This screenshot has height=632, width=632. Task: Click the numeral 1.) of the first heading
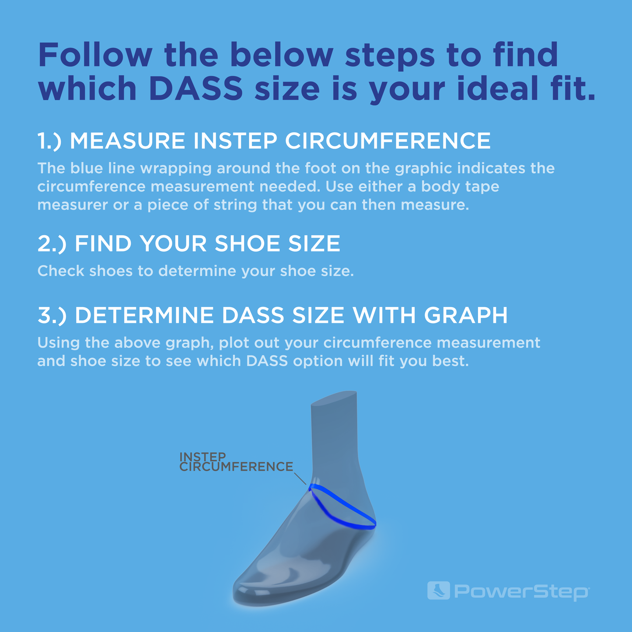pyautogui.click(x=50, y=141)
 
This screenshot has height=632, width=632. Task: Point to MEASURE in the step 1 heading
pyautogui.click(x=128, y=141)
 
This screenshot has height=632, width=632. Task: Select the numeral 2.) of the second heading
pyautogui.click(x=52, y=244)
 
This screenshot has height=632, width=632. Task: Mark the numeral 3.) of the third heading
pyautogui.click(x=52, y=315)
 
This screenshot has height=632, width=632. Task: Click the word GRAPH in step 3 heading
pyautogui.click(x=465, y=315)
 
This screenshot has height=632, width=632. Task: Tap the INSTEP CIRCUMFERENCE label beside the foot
pyautogui.click(x=236, y=462)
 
